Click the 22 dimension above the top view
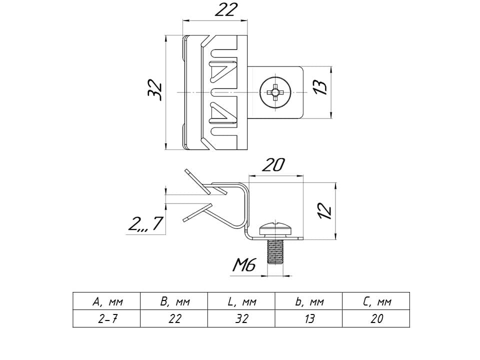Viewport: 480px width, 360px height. click(x=226, y=10)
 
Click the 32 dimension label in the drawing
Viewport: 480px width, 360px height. click(x=155, y=90)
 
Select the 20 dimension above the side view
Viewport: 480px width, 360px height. click(x=273, y=165)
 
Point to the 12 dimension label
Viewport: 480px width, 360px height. click(x=325, y=210)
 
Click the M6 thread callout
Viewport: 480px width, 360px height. click(x=244, y=265)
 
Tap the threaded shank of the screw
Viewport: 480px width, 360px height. click(x=275, y=252)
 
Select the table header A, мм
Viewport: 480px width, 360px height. click(x=107, y=302)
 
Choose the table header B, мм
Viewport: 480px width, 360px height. click(x=174, y=302)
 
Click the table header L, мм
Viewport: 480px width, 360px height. click(x=241, y=302)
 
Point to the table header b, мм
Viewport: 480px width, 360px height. click(x=309, y=302)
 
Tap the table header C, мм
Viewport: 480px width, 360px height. click(x=376, y=302)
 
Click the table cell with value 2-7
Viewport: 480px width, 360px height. click(x=107, y=319)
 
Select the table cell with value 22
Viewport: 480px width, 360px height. click(x=174, y=319)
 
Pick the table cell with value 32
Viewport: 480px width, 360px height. click(x=241, y=319)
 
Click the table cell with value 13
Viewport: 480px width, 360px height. click(x=309, y=319)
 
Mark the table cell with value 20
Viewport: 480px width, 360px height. click(x=376, y=319)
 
